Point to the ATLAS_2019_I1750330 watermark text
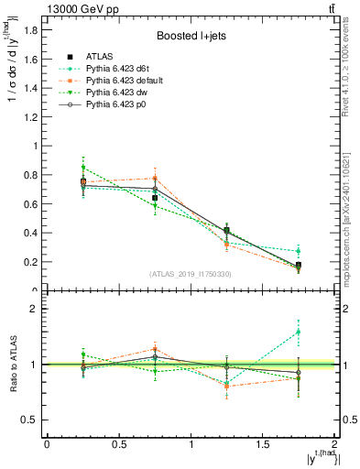tap(191, 274)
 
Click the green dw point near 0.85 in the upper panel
tap(83, 168)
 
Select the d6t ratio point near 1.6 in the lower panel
tap(299, 332)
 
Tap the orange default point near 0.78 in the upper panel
tap(155, 178)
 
